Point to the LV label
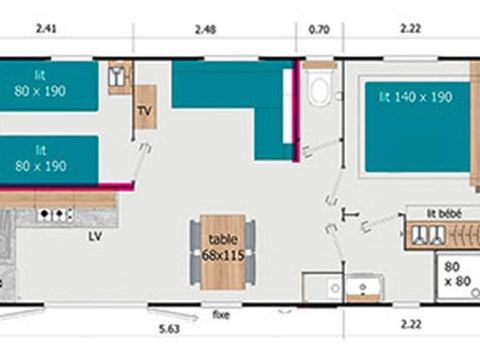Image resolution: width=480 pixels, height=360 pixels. tap(95, 237)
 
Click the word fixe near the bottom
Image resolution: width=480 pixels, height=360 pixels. tap(221, 313)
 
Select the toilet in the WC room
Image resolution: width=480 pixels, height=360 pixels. tap(319, 88)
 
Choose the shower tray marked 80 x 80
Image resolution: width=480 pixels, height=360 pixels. tap(455, 273)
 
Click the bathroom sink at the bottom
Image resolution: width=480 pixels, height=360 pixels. tap(361, 287)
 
